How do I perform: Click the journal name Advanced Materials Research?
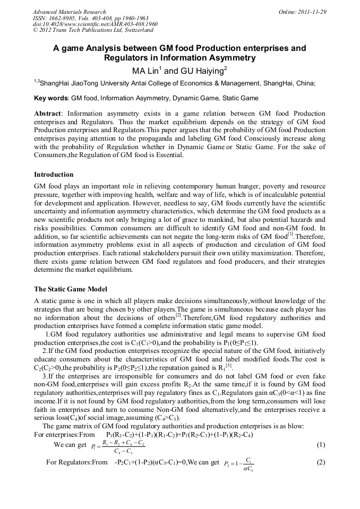[x=69, y=12]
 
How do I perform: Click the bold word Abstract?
[x=48, y=114]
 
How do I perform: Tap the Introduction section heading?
[x=54, y=174]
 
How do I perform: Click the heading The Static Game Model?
[x=71, y=289]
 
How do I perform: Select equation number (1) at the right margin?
[x=320, y=444]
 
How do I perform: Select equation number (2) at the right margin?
[x=320, y=462]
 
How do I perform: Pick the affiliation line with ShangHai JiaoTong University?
[x=175, y=83]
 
